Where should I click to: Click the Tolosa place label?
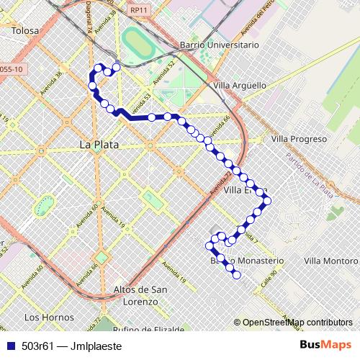25,30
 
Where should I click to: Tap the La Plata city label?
99,145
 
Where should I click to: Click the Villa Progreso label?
300,139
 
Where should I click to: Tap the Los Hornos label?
49,317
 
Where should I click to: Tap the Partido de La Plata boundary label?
309,176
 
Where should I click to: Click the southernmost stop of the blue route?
236,274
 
